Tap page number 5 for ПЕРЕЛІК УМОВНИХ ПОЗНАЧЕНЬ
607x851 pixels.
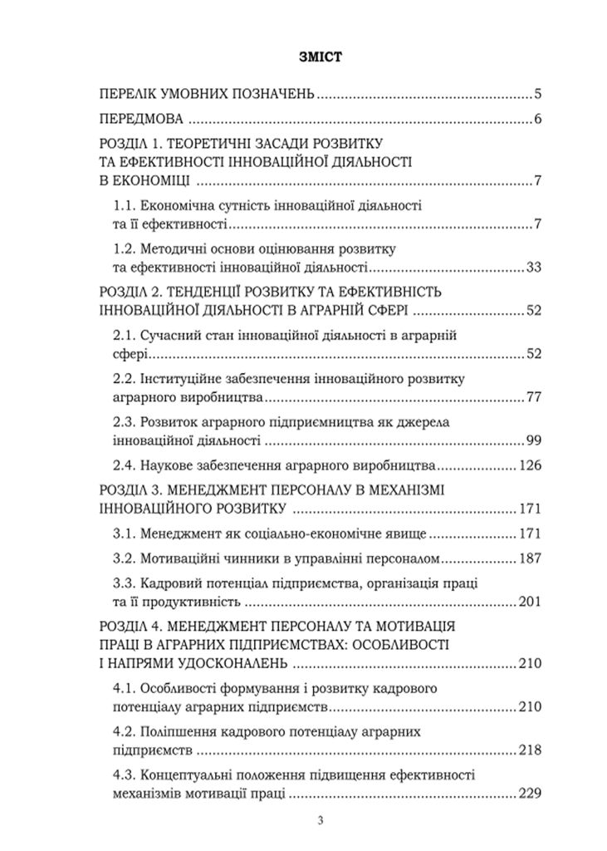pos(538,93)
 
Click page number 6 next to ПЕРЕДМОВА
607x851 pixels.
pos(538,119)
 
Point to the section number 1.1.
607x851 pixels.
pos(124,205)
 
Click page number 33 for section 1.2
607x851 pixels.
pos(534,267)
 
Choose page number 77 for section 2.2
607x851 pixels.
pos(534,396)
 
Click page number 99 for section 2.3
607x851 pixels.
pos(534,440)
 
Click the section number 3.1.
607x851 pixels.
pos(124,533)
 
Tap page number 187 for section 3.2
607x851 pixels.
pos(530,558)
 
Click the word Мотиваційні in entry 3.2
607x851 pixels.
pos(181,558)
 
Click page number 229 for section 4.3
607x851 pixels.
pos(530,794)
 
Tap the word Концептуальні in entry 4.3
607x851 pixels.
pos(190,776)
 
